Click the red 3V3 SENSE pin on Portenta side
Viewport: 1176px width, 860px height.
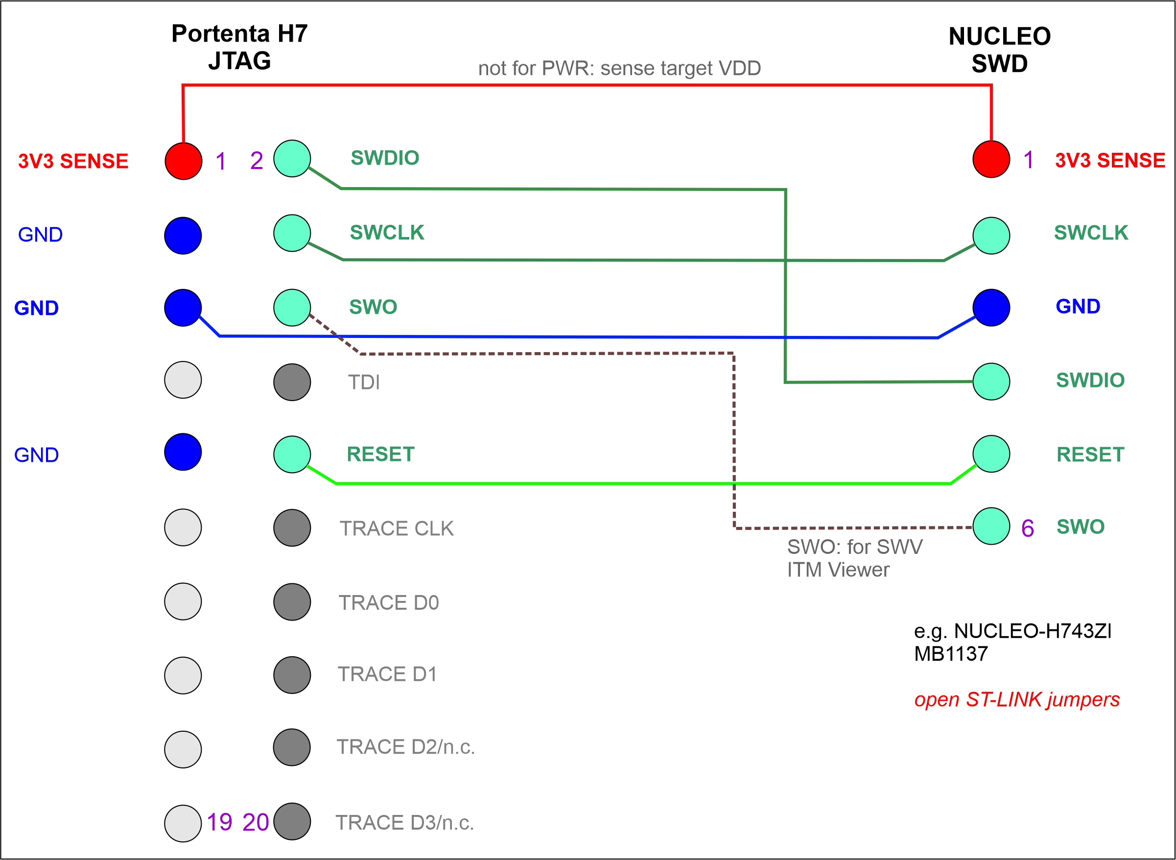(x=183, y=161)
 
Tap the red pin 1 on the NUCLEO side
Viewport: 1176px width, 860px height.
(x=991, y=159)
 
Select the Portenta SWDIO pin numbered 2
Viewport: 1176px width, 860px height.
(x=292, y=158)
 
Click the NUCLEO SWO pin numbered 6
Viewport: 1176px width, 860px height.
(x=991, y=526)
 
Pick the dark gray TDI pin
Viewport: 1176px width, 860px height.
(x=292, y=382)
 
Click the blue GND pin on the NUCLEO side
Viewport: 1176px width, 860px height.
(x=991, y=307)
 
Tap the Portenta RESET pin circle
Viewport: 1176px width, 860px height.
(x=292, y=454)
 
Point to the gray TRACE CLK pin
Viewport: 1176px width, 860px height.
(x=292, y=527)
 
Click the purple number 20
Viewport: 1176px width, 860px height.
(x=256, y=822)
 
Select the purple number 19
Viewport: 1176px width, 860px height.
(x=219, y=822)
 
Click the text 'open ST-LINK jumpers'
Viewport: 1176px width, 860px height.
(x=1016, y=699)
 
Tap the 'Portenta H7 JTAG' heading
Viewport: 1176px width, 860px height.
(x=239, y=47)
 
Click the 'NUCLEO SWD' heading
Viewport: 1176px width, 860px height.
(x=999, y=50)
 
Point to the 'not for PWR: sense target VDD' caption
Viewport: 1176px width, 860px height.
(x=619, y=68)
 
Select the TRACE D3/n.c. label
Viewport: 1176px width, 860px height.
(x=404, y=822)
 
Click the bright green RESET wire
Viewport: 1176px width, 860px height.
(x=624, y=483)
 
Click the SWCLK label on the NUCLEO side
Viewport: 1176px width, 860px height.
(x=1091, y=233)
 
